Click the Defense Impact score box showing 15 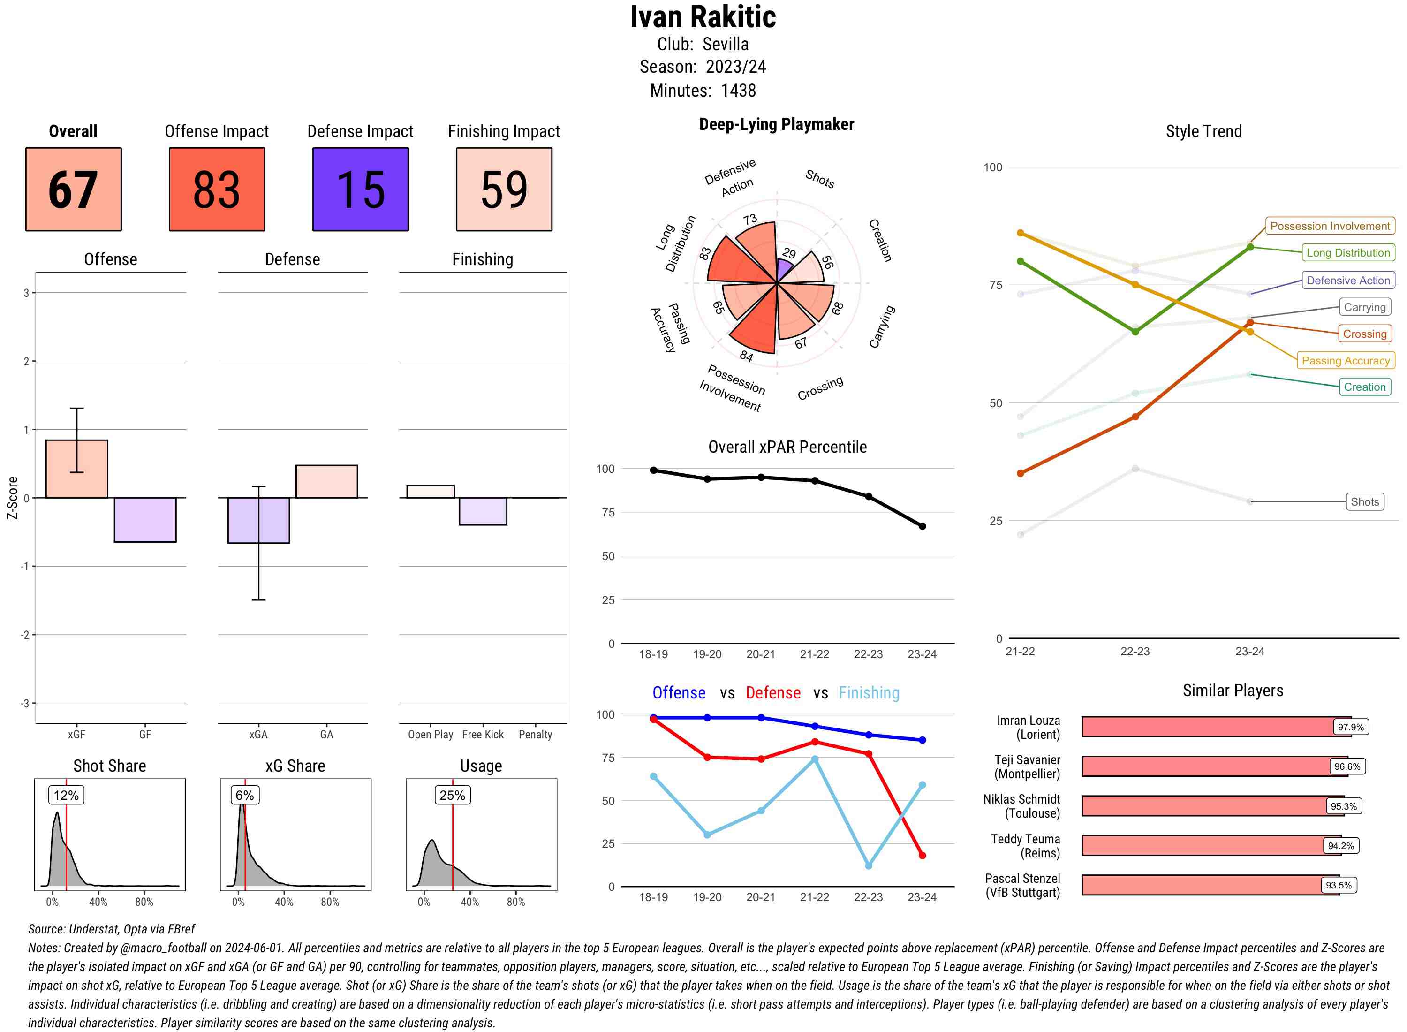[360, 190]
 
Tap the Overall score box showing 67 [73, 190]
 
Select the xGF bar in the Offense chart [77, 469]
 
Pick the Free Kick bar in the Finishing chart [483, 511]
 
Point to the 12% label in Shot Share [66, 795]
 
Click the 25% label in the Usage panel [452, 795]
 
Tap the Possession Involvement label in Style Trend [1330, 226]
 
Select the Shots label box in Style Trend [1364, 501]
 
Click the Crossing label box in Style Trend [1364, 334]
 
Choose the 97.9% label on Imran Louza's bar [1350, 727]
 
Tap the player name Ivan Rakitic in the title [703, 17]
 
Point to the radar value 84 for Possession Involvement [746, 356]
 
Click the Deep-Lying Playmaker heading [776, 124]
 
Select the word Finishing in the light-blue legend [869, 693]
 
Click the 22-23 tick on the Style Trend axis [1135, 652]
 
